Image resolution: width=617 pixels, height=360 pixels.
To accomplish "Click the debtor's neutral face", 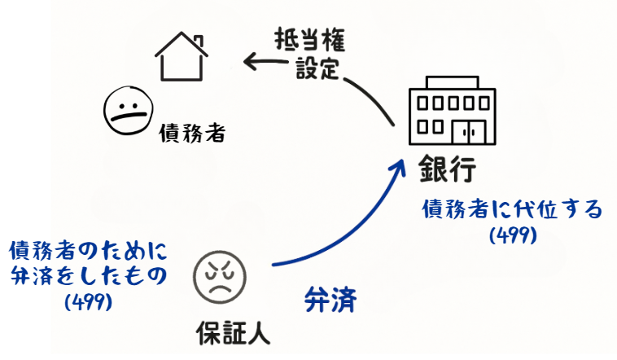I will (125, 112).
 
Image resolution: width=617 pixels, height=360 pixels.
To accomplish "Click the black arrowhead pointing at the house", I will (250, 59).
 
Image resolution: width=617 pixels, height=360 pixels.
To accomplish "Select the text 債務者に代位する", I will (512, 209).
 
